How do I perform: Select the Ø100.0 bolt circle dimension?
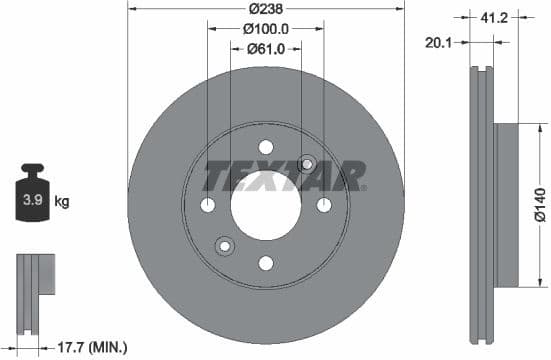coord(266,31)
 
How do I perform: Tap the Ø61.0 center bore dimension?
coord(266,48)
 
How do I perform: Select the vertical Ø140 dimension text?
coord(539,204)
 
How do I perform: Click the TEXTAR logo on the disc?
coord(284,176)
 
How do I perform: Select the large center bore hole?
coord(266,205)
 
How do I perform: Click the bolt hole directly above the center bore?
coord(266,147)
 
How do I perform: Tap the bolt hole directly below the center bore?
coord(266,263)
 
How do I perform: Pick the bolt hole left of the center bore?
coord(208,205)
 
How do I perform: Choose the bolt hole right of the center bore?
coord(324,205)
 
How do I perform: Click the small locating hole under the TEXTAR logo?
coord(307,164)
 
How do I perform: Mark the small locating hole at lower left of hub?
coord(225,246)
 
